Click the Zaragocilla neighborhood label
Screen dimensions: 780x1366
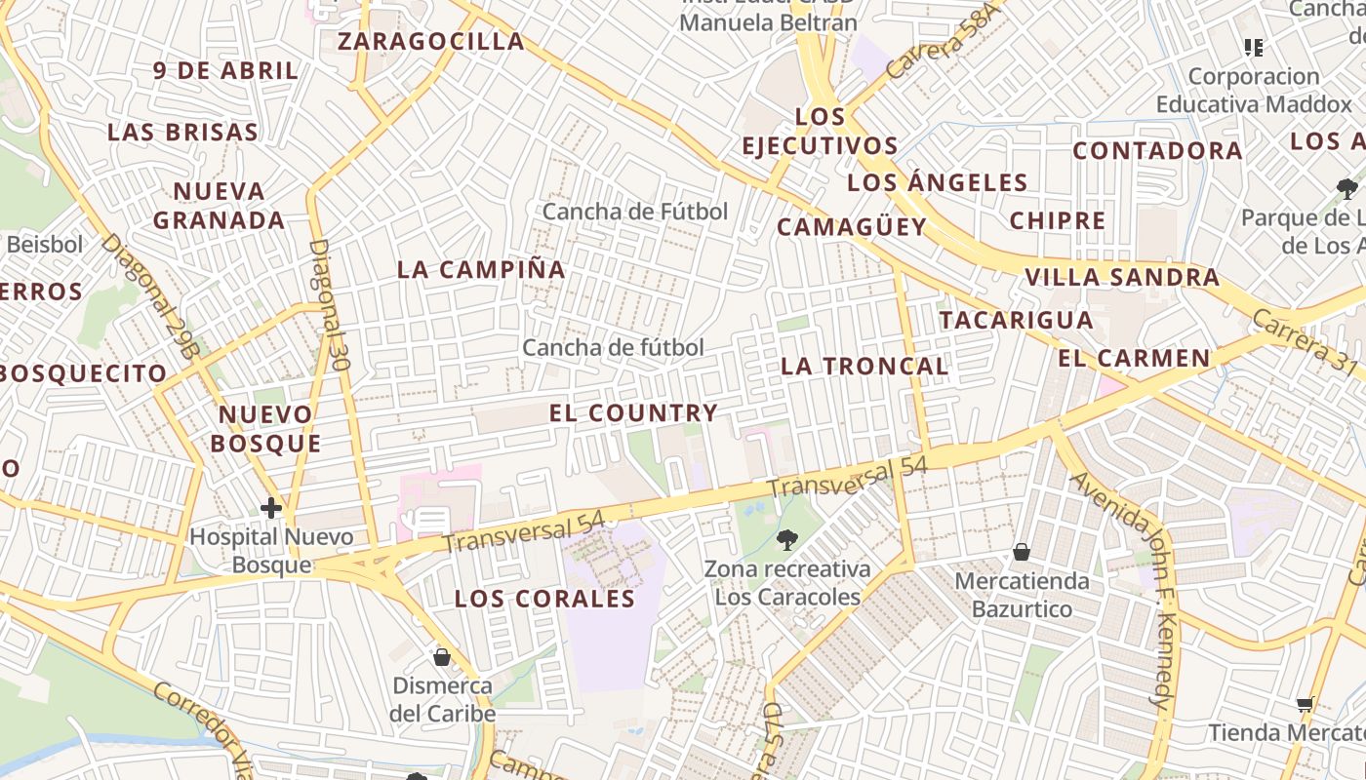[x=430, y=42]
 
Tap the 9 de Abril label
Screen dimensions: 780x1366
[x=225, y=71]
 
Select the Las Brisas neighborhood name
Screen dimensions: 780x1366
[x=182, y=133]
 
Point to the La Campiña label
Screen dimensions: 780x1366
[x=481, y=270]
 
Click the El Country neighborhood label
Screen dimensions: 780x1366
[x=633, y=413]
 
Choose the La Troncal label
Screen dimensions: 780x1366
[x=864, y=367]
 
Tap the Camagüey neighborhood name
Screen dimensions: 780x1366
[x=851, y=227]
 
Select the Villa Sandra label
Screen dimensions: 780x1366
[x=1121, y=278]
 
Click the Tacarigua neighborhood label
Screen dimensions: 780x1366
[x=1016, y=320]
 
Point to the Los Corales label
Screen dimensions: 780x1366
[x=544, y=600]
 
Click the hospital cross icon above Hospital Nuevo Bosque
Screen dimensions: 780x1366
[x=271, y=508]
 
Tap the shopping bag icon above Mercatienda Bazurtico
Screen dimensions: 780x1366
[x=1021, y=553]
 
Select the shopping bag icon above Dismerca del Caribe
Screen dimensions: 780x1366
[x=442, y=658]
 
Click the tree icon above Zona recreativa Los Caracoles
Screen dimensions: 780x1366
[x=786, y=539]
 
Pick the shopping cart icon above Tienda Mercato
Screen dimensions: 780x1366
[x=1305, y=705]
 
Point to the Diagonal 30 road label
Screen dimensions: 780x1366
[x=329, y=305]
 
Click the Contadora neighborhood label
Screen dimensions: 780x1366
[x=1157, y=151]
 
